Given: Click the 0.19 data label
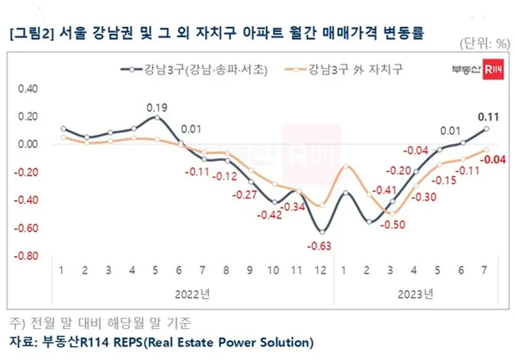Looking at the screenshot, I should [157, 107].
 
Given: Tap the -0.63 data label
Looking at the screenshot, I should [322, 246].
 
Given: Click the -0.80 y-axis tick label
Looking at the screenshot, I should [27, 255].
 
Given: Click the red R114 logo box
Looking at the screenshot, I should [493, 70].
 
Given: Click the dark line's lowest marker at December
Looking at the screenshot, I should [322, 232].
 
